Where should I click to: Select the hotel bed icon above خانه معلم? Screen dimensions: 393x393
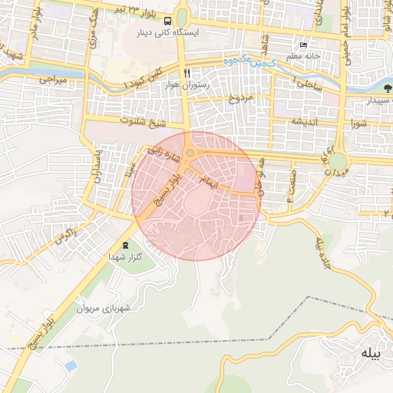(x=304, y=45)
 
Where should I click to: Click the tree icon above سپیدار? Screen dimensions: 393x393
(x=387, y=88)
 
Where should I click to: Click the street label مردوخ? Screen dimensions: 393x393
(x=240, y=99)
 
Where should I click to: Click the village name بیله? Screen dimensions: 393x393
(x=369, y=353)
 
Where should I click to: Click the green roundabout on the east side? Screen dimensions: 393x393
(x=338, y=161)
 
